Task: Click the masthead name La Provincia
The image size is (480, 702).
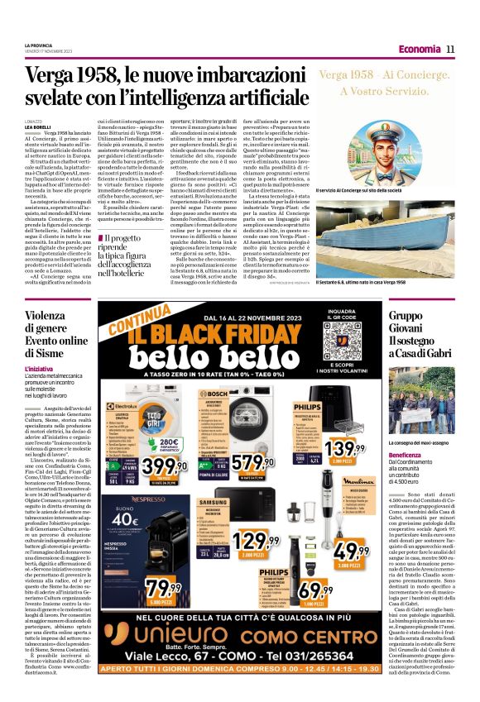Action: [38, 45]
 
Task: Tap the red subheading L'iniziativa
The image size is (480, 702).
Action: [39, 368]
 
